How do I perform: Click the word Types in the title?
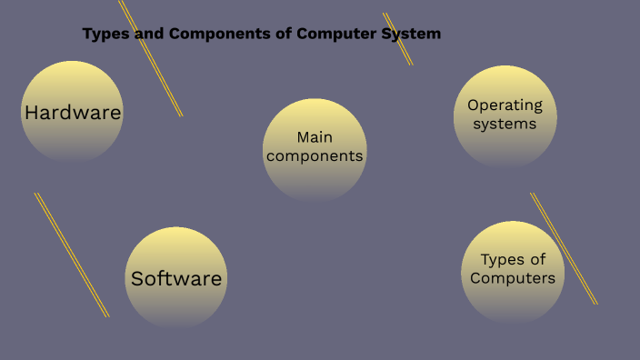101,34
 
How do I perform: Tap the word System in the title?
411,34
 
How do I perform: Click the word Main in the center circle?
315,137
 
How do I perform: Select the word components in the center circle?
315,156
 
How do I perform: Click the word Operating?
505,105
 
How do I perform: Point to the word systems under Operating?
505,124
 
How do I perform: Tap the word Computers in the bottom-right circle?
513,278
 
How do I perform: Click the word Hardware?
73,113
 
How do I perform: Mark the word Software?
176,278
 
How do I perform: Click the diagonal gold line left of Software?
72,255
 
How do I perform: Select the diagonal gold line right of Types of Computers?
564,248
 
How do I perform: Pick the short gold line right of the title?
397,39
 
